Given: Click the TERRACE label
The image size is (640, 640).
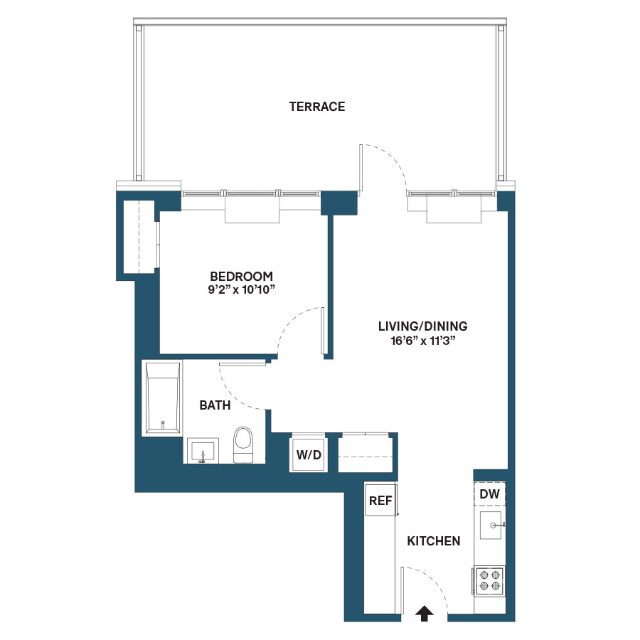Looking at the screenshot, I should point(317,107).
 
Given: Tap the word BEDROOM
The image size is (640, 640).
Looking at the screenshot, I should point(241,276).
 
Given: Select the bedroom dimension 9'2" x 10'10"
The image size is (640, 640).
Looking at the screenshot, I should point(241,289).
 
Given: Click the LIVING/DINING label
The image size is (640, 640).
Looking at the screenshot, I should point(422,326).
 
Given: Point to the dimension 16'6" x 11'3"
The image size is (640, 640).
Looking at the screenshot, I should point(422,340).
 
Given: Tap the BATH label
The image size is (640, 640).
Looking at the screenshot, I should point(215,405).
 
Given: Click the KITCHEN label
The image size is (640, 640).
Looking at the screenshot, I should point(433,541).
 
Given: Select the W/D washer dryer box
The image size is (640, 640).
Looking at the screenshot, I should point(309,453).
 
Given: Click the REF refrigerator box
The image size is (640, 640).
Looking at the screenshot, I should point(380,501).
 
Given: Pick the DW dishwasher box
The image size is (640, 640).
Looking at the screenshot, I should point(489,494).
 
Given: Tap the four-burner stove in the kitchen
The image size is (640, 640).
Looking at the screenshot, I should point(489,580).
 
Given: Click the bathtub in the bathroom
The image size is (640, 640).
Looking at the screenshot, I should point(163,398).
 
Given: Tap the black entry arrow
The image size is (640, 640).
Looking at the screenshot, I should point(424,613).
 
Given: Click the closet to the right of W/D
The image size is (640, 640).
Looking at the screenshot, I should point(366,452).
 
